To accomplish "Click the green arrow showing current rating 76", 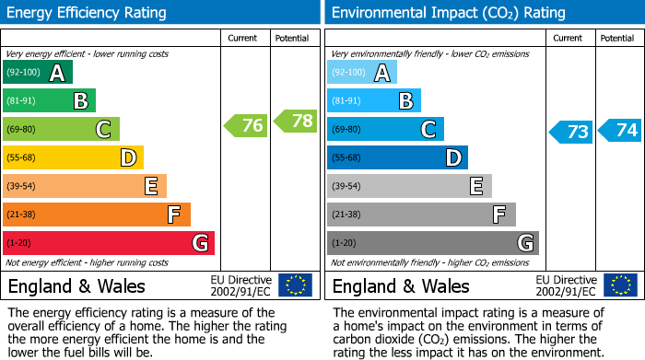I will [245, 125].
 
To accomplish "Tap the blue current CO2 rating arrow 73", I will [570, 132].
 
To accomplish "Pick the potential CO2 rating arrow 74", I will [619, 130].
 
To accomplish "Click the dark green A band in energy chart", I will [38, 73].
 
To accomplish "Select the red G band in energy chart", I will [109, 243].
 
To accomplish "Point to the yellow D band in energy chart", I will [74, 157].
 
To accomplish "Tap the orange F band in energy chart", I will [97, 215].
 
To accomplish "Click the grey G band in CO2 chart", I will [432, 243].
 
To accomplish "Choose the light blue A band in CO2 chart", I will [362, 73].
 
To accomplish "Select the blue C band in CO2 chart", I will [385, 129].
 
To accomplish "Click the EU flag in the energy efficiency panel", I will [295, 285].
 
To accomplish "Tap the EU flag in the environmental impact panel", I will [621, 285].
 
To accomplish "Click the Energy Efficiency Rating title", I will [88, 13].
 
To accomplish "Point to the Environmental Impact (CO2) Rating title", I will [448, 13].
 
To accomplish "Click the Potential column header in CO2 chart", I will [616, 38].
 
